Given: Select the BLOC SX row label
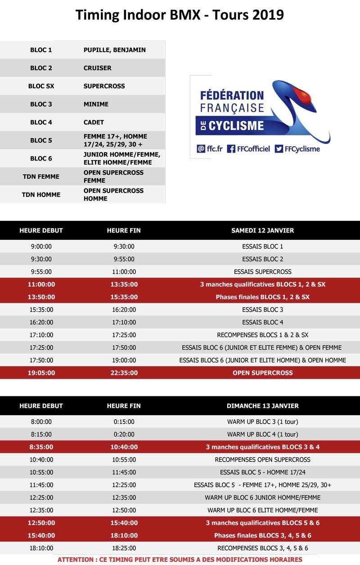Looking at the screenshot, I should (41, 86).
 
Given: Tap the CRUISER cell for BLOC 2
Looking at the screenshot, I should (98, 68).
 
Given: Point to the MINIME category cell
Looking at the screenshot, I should (96, 104).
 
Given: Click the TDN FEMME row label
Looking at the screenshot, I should (41, 176).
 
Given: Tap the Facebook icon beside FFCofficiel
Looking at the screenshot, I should (231, 148).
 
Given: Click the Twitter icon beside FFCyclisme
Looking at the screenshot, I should (279, 148).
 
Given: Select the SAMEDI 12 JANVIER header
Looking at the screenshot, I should (262, 230).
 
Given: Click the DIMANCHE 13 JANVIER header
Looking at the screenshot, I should (262, 406).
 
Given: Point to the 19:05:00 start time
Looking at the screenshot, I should (41, 372).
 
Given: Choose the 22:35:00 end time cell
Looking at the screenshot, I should (124, 372).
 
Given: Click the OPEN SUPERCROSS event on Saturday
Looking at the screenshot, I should (262, 372).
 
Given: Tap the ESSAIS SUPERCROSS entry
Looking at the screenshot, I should (262, 272).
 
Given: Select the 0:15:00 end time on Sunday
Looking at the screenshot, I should (124, 422).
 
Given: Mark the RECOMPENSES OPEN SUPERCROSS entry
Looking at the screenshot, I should (262, 460).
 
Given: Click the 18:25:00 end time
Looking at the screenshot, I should (124, 548).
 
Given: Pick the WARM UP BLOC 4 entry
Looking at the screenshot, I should (262, 435).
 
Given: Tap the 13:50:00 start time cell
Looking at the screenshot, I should (41, 297).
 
